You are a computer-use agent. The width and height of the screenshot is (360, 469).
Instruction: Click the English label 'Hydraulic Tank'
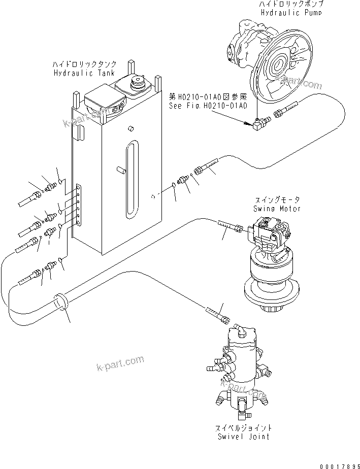84,73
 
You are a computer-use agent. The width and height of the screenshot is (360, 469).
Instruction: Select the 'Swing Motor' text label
276,209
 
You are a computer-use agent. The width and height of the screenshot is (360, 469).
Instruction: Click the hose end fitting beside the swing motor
232,226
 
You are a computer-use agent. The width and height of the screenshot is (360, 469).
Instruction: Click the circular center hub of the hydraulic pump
278,66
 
